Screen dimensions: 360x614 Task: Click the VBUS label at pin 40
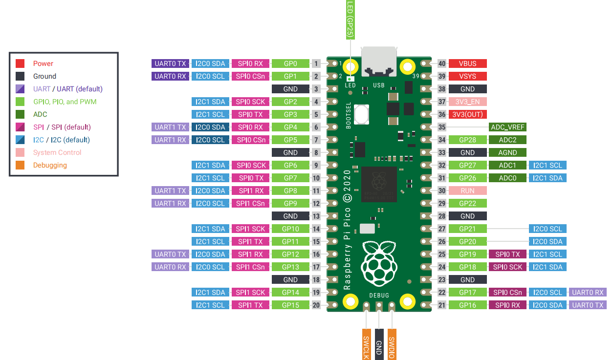(467, 64)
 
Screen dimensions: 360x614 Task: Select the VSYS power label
(467, 76)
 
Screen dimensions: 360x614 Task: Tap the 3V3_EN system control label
(467, 102)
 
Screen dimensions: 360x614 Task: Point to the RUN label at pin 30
(467, 191)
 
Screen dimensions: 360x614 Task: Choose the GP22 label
(467, 203)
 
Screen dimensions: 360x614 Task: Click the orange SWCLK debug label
(366, 347)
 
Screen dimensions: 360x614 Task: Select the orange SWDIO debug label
(391, 347)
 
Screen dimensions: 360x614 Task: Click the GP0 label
(290, 64)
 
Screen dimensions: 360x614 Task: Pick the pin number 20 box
(316, 305)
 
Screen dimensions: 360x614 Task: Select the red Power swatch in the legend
(20, 64)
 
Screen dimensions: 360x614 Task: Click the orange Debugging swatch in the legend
(20, 165)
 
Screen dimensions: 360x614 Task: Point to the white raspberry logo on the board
(378, 264)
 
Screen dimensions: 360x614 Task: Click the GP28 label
(467, 140)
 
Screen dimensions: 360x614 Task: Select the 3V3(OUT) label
(467, 114)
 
